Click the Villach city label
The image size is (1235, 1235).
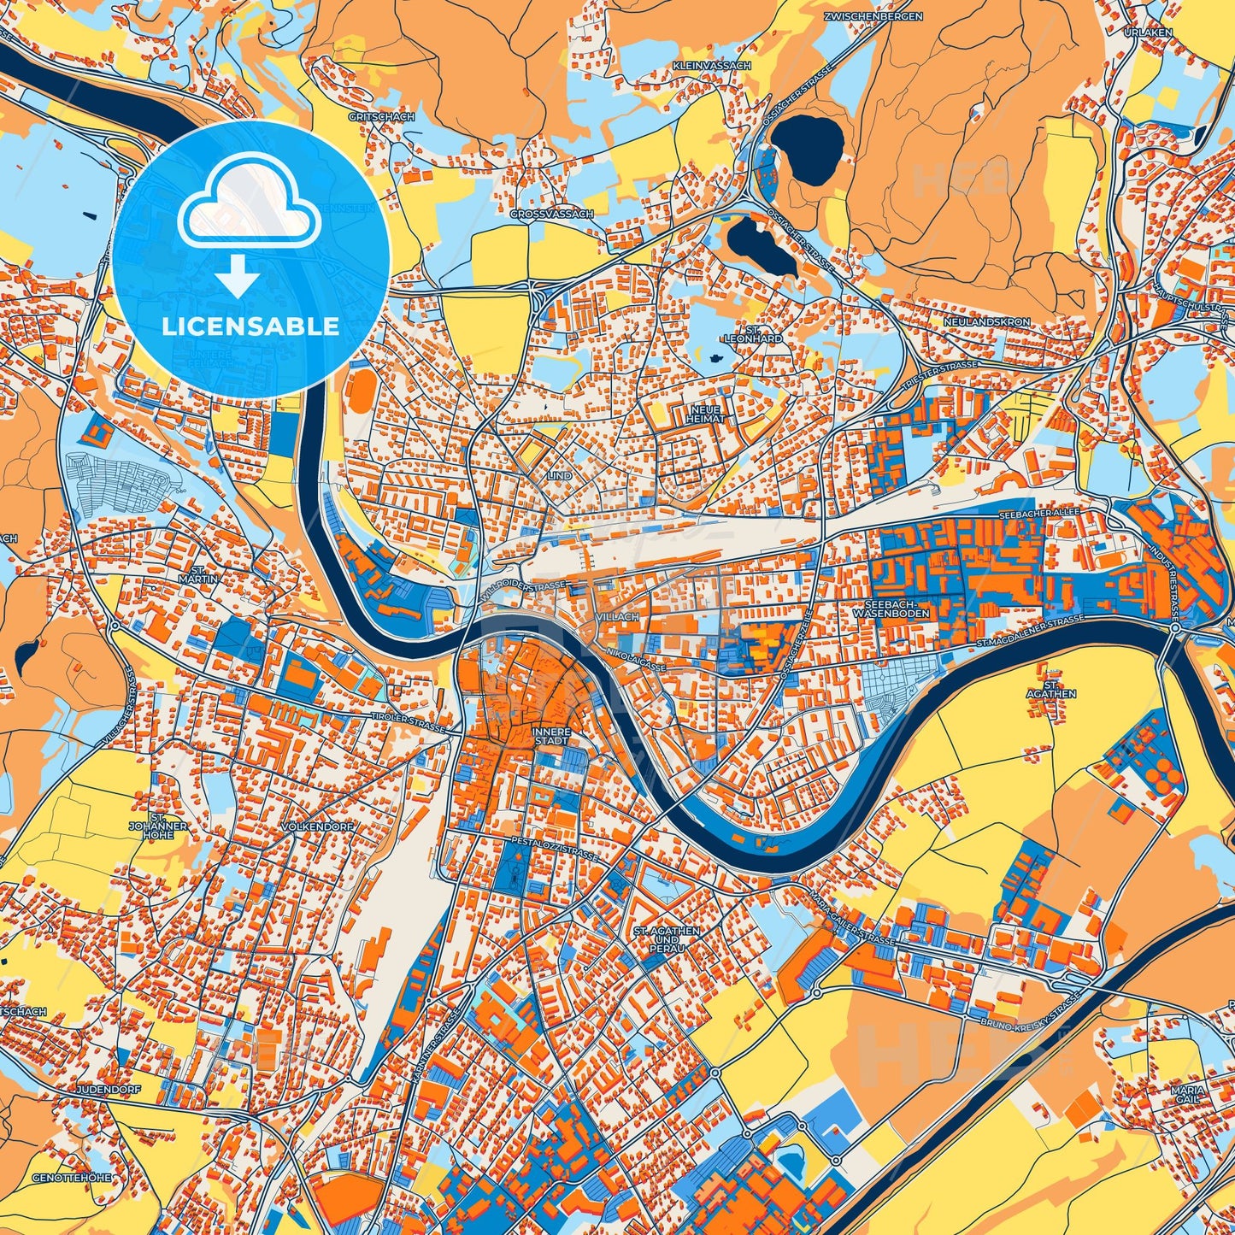coord(617,616)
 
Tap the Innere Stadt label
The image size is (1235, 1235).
coord(550,737)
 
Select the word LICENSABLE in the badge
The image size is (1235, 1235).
coord(251,326)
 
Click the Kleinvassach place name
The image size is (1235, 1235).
coord(711,65)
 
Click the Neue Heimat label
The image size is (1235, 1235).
coord(706,414)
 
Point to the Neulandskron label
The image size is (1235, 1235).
coord(987,322)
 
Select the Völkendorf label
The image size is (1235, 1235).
coord(316,827)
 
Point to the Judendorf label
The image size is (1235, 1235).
coord(108,1091)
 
